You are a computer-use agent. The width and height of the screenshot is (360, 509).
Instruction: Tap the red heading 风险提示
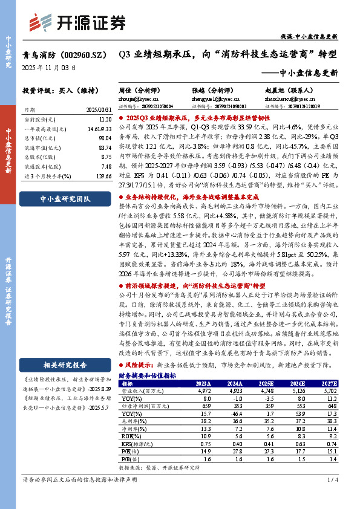[x=139, y=366]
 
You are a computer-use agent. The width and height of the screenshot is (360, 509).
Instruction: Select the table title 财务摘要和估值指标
[x=148, y=375]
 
